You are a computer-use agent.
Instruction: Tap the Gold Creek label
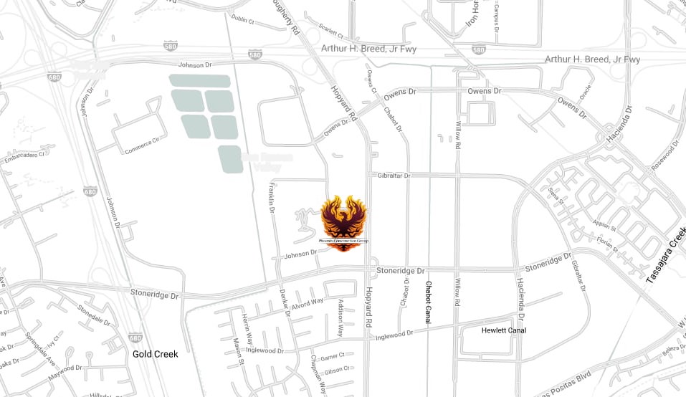point(155,354)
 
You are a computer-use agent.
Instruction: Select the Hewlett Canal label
point(504,330)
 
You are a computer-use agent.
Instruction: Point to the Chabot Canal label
point(428,302)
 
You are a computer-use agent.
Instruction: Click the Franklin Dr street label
point(272,196)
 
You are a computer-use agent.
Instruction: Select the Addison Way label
point(340,317)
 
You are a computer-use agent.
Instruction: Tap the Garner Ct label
point(333,356)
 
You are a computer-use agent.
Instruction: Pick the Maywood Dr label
point(65,374)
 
